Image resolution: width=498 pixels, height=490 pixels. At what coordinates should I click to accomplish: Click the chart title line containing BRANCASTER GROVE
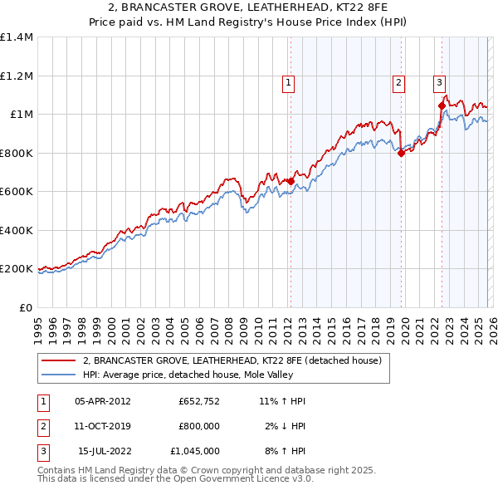[248, 7]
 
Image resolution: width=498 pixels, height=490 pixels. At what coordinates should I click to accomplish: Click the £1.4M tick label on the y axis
[17, 37]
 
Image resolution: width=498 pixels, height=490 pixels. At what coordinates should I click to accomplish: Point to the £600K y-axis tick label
[17, 192]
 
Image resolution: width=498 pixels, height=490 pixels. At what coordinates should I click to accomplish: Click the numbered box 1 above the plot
[288, 82]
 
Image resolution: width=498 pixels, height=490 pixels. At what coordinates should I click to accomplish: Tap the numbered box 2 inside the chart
[399, 82]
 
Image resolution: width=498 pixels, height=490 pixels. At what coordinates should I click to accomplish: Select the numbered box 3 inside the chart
[439, 82]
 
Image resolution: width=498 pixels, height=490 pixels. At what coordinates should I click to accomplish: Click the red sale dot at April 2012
[290, 181]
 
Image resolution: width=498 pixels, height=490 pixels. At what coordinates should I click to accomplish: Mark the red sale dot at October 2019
[402, 153]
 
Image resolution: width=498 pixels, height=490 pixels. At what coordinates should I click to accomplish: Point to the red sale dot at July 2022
[442, 105]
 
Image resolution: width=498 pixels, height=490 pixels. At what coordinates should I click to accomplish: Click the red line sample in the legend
[59, 360]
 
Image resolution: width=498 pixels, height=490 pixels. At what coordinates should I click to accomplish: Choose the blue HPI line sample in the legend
[59, 375]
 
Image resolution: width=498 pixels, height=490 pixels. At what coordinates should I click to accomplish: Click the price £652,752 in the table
[198, 401]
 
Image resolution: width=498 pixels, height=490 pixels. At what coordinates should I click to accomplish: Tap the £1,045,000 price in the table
[193, 451]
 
